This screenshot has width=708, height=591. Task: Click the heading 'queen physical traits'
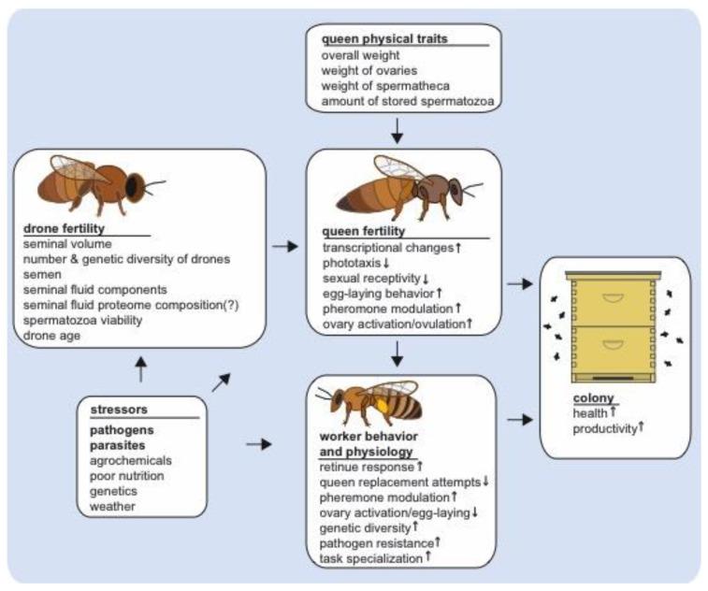coord(383,38)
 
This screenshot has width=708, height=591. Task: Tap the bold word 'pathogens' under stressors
coord(122,431)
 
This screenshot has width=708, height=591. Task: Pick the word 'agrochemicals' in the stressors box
coord(132,461)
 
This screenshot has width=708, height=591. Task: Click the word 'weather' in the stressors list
coord(112,506)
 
